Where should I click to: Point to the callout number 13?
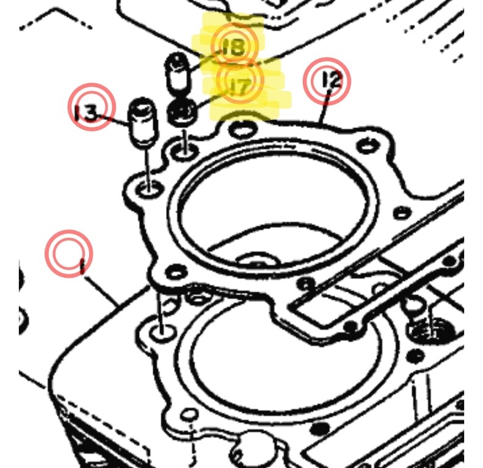tap(87, 113)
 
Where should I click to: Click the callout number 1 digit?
tap(82, 266)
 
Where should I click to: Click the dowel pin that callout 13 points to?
tap(142, 122)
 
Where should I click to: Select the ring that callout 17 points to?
tap(182, 113)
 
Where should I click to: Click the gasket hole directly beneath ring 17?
tap(186, 151)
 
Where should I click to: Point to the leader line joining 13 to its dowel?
tap(113, 119)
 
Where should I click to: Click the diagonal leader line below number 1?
tap(101, 291)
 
